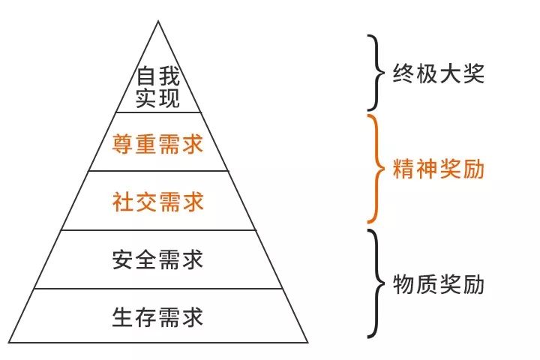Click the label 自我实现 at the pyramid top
tap(157, 88)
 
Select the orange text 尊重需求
tap(157, 144)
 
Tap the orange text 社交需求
tap(157, 202)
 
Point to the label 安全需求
tap(157, 259)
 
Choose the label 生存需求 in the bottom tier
tap(157, 317)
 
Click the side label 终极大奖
tap(439, 73)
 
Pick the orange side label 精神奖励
tap(439, 169)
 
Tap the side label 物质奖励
tap(439, 284)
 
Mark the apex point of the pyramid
tap(158, 21)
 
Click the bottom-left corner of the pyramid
tap(8, 343)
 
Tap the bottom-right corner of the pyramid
tap(307, 343)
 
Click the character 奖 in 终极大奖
tap(473, 73)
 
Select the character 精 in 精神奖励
tap(403, 169)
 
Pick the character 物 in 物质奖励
tap(403, 284)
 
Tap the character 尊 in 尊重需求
tap(123, 144)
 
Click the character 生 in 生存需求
tap(123, 317)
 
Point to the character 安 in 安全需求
tap(123, 259)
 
